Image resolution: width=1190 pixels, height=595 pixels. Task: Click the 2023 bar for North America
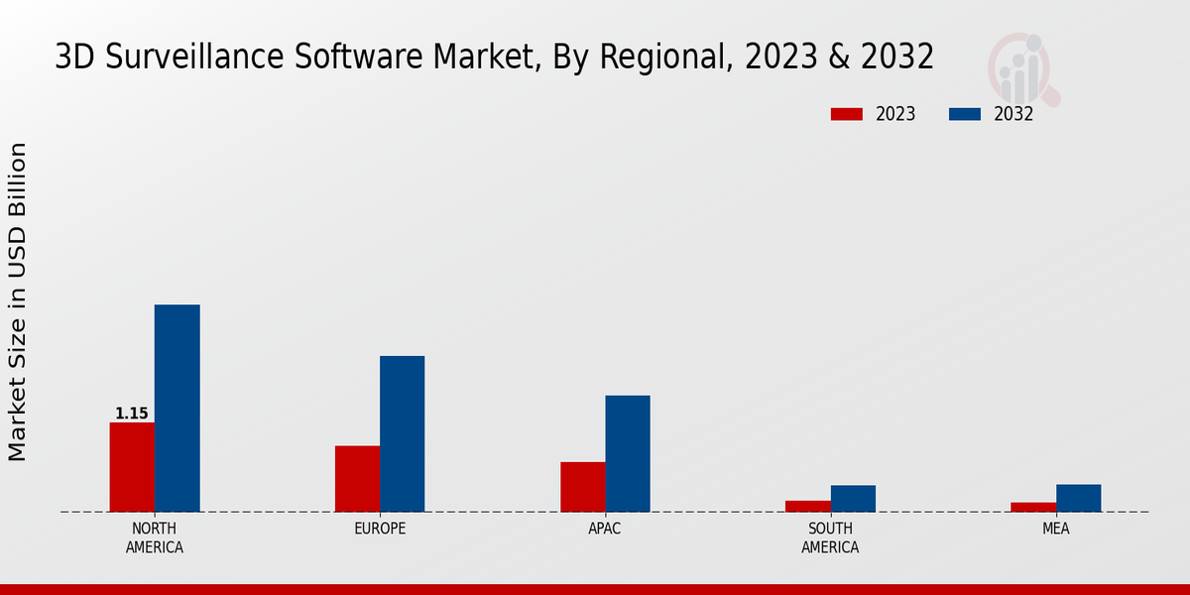click(x=132, y=467)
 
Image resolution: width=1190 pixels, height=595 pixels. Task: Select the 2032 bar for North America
click(x=177, y=409)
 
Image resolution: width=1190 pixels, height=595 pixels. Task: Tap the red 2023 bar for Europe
click(x=357, y=479)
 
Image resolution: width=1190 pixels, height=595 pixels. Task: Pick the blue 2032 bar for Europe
click(x=402, y=434)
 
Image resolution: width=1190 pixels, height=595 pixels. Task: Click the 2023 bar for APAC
click(x=582, y=487)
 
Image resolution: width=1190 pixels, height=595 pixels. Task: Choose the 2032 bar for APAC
click(x=628, y=454)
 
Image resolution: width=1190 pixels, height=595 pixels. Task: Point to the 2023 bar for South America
click(x=807, y=506)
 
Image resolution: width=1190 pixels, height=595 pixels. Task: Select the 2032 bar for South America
click(x=853, y=499)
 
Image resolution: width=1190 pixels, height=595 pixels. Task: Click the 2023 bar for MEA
click(x=1033, y=507)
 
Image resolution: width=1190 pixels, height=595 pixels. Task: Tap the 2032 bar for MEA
click(x=1078, y=498)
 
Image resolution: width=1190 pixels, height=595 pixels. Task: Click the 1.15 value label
click(x=131, y=414)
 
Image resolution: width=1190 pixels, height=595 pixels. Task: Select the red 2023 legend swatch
click(x=846, y=114)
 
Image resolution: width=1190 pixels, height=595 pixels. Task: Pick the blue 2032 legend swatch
click(x=964, y=114)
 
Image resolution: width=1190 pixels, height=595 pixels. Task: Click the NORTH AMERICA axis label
click(x=154, y=537)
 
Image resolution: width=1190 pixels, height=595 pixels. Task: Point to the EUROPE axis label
click(x=380, y=529)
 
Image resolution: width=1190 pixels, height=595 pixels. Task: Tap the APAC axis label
click(x=604, y=529)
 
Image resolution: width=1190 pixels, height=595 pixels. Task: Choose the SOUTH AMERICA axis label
click(x=830, y=537)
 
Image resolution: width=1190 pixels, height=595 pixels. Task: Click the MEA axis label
click(x=1055, y=529)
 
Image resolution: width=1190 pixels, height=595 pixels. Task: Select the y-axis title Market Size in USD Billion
click(x=18, y=301)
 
